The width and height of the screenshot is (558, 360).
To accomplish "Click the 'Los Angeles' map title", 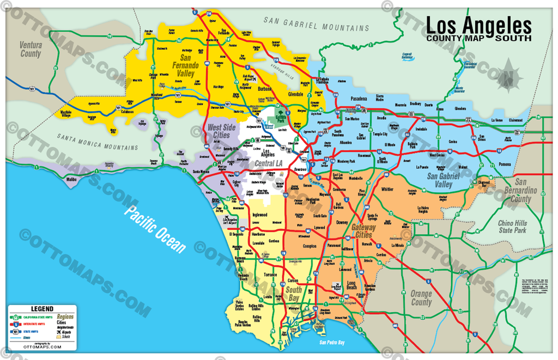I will [478, 25].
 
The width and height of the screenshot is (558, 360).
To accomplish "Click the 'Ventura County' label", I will [31, 50].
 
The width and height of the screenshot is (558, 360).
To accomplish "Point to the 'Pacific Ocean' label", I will [154, 229].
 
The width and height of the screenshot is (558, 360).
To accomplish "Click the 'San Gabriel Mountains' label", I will [316, 23].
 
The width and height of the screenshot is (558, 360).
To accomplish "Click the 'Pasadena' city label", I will [359, 99].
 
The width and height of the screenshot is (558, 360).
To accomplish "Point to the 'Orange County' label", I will [421, 298].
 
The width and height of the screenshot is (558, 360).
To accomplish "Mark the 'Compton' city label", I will [310, 246].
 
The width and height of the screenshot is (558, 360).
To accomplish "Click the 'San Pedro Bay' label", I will [332, 343].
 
